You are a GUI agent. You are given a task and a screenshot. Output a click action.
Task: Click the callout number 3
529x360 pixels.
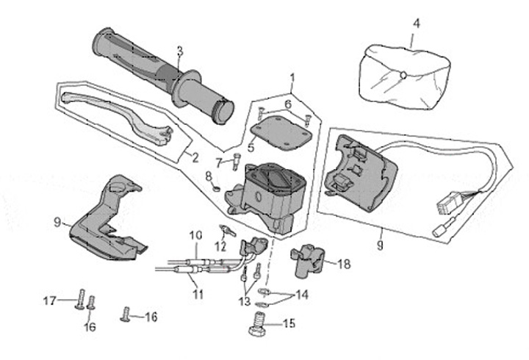pos(179,50)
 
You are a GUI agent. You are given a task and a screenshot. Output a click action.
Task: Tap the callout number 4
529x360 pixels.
pos(417,23)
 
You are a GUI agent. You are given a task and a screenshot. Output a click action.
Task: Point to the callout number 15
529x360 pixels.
pos(287,323)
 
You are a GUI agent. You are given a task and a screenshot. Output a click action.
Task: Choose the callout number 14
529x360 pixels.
pos(301,295)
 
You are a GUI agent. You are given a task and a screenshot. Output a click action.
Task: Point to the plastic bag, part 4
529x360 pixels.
pos(401,71)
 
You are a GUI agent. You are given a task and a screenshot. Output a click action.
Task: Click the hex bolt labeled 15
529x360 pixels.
pos(258,324)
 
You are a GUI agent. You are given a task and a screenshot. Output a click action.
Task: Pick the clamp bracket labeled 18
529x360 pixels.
pos(309,260)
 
